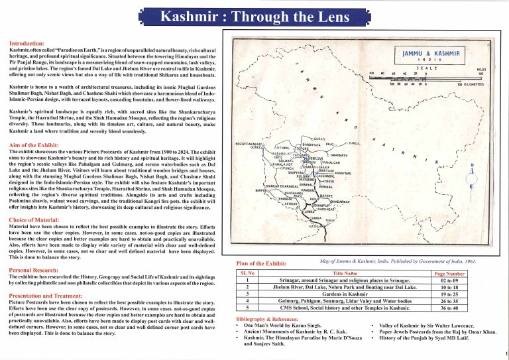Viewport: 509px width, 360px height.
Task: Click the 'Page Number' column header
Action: coord(449,273)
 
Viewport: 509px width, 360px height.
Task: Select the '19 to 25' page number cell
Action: coord(449,293)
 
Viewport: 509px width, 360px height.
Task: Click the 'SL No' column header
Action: coord(247,273)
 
